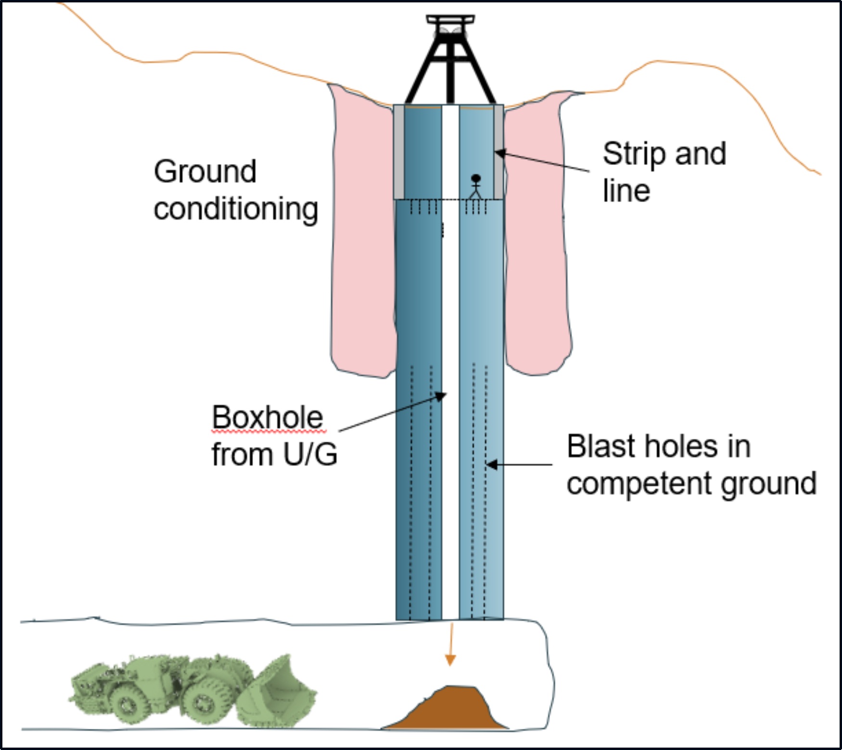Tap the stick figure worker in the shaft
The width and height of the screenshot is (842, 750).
(476, 187)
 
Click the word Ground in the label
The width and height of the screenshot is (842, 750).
(205, 172)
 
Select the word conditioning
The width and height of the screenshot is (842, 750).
(236, 209)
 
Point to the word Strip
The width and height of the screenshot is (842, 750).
(634, 154)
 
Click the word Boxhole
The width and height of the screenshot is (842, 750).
(268, 417)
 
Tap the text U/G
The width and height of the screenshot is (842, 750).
(310, 454)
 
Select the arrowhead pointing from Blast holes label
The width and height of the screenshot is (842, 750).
(491, 465)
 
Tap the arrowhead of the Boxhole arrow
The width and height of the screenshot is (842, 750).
(441, 396)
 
